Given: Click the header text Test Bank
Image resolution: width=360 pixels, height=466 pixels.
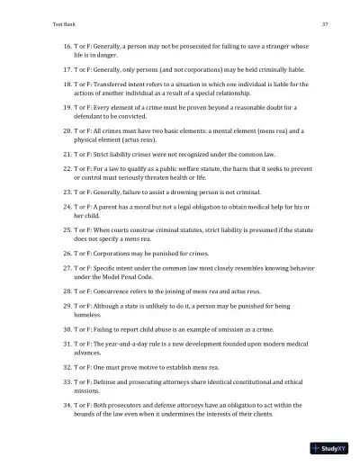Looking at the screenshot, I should click(x=40, y=22).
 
